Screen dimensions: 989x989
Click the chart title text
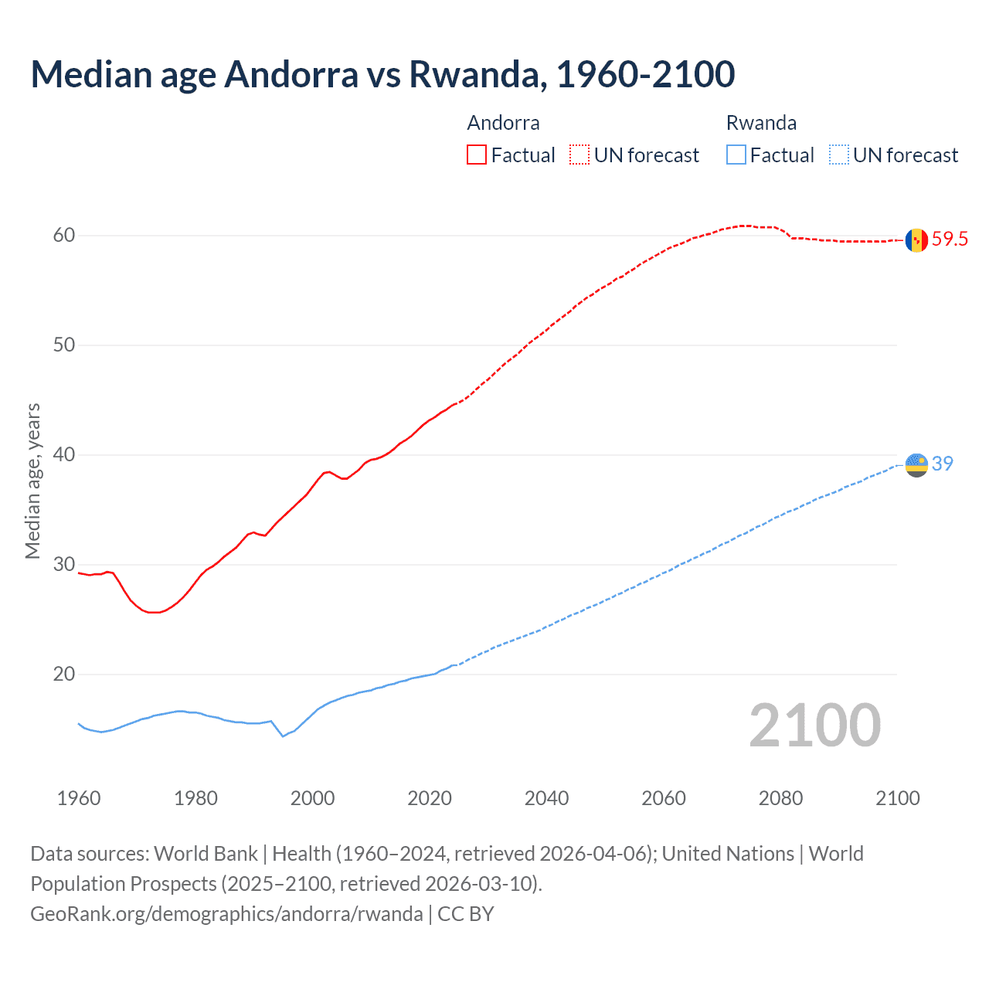(x=382, y=74)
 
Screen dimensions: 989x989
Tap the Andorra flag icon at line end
(x=916, y=240)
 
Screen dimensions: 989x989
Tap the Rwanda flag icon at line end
(x=916, y=464)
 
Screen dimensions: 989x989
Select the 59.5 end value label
(x=950, y=240)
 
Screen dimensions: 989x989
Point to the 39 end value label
(x=943, y=464)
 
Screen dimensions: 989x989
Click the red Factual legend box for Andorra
(x=477, y=155)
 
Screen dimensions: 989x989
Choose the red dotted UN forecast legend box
(x=579, y=155)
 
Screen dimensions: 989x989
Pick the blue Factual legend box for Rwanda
(x=736, y=155)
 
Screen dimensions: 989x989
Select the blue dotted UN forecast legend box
(x=839, y=155)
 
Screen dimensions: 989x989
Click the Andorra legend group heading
(x=503, y=123)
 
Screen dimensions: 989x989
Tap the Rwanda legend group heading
(x=761, y=123)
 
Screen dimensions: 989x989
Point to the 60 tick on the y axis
(x=63, y=236)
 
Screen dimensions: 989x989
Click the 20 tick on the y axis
(x=63, y=675)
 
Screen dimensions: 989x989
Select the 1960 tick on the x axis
(x=79, y=798)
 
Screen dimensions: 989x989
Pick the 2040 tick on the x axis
(x=546, y=798)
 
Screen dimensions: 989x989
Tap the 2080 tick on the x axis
(x=780, y=798)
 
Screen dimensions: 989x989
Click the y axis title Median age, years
(x=32, y=481)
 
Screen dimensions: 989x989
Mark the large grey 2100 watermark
(x=814, y=726)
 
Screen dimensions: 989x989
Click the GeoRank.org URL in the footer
(x=226, y=914)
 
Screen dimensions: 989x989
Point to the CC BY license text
(x=465, y=914)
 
